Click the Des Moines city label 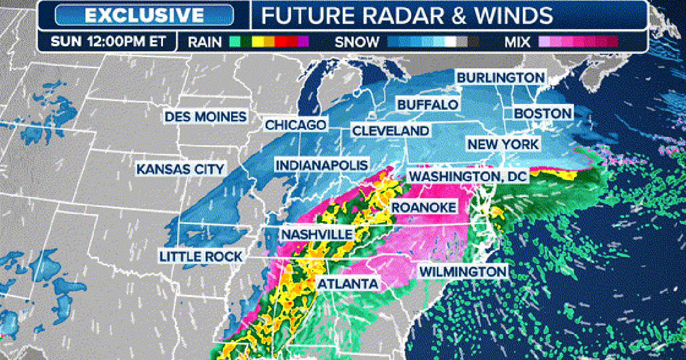point(206,117)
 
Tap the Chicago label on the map point(296,125)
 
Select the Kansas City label point(181,169)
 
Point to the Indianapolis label point(321,165)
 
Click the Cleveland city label point(390,131)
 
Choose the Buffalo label point(428,105)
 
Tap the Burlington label point(500,77)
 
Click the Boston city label point(543,113)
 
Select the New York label point(503,144)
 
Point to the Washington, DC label point(467,177)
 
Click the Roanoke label point(424,207)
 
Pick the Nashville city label point(317,234)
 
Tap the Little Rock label point(201,256)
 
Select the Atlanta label point(348,283)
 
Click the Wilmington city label point(463,271)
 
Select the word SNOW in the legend point(357,41)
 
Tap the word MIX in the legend point(517,41)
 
